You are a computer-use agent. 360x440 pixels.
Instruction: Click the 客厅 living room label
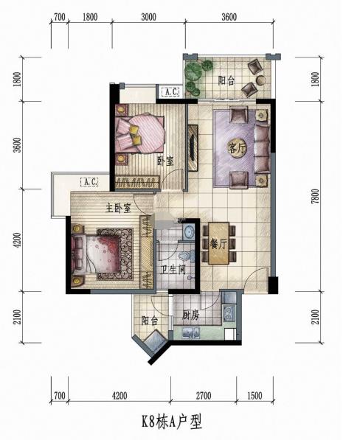238,149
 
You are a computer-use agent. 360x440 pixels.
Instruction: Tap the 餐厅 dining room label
218,245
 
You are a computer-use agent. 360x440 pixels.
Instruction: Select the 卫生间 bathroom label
173,270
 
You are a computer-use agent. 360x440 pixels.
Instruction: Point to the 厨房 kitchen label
190,315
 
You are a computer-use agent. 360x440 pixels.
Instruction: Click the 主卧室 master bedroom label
119,208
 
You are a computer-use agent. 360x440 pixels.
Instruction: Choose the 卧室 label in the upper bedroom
165,161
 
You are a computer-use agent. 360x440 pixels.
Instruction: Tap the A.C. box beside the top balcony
171,91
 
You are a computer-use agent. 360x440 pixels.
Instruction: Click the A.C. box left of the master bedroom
89,182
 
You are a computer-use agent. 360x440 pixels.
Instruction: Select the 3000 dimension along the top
149,17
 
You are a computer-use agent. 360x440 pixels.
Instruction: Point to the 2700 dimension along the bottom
204,396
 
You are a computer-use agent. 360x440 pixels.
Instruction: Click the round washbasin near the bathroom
188,231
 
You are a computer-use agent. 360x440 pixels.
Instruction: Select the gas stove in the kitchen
229,314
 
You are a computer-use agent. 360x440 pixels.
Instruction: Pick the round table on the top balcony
261,80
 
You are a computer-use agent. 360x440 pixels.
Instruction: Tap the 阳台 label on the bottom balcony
150,321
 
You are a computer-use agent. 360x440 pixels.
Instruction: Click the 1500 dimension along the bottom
255,396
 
